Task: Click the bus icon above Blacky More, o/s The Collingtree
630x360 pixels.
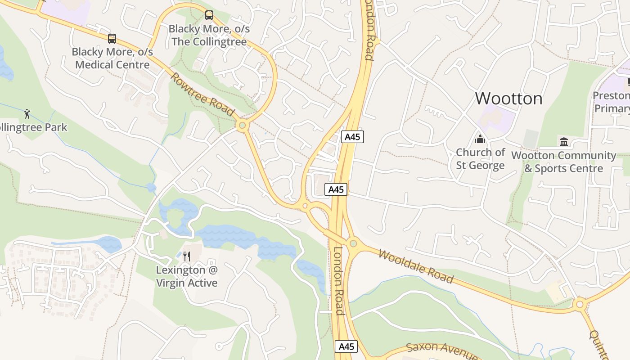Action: [x=209, y=15]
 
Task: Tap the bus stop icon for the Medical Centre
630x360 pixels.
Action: [x=112, y=39]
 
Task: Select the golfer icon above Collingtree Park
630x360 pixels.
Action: [x=27, y=113]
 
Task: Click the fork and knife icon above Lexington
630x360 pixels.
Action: [x=187, y=256]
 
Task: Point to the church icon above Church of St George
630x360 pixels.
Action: [x=480, y=139]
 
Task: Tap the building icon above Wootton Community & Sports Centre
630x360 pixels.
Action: [x=563, y=142]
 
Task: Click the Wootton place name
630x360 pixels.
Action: [x=508, y=98]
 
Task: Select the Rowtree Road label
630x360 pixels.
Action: [x=202, y=94]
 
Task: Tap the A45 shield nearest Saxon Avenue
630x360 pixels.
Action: [x=346, y=346]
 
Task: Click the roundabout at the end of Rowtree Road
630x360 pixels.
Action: [x=242, y=125]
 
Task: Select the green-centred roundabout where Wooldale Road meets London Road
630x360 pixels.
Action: [x=353, y=243]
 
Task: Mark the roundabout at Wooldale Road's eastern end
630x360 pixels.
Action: [x=580, y=305]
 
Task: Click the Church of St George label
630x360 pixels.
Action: [x=480, y=159]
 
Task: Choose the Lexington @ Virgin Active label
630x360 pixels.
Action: [x=187, y=276]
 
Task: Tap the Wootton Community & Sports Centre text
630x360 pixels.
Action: [x=563, y=162]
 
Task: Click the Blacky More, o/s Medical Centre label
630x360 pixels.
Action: [x=112, y=58]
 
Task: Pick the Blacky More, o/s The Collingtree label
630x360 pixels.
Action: [x=209, y=35]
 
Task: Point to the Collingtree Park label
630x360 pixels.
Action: [x=32, y=127]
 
